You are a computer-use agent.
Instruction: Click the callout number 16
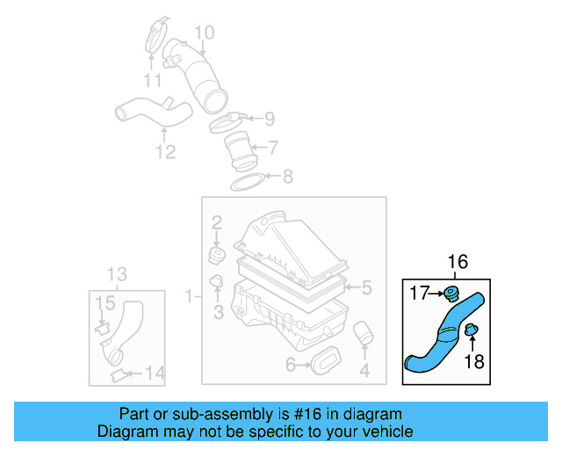click(458, 262)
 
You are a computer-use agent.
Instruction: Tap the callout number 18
click(473, 360)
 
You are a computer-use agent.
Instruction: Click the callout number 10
click(204, 34)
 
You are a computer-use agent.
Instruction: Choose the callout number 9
click(269, 118)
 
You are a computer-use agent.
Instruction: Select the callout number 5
click(367, 287)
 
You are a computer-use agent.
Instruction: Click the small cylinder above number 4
click(364, 336)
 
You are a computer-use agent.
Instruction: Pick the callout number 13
click(117, 273)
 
